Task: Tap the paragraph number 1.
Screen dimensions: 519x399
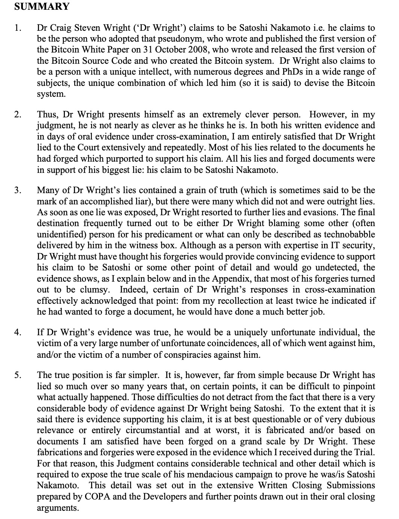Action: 16,28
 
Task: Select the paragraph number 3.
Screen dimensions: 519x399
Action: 16,190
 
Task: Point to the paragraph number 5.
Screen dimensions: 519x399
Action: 16,375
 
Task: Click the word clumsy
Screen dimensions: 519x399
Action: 95,290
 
